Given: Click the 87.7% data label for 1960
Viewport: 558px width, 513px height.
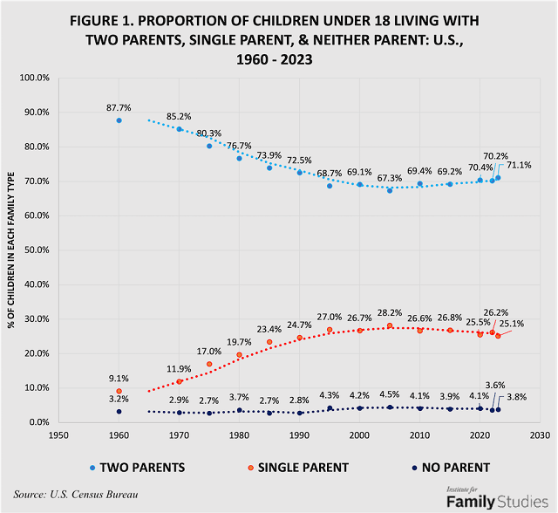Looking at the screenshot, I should pos(118,107).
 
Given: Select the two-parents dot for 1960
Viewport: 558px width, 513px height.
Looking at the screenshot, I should pos(119,120).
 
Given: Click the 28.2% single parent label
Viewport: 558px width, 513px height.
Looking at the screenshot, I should pos(389,312).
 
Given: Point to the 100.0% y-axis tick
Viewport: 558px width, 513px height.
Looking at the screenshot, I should pos(34,78).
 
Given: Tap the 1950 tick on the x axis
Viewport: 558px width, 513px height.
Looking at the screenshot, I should pos(58,434).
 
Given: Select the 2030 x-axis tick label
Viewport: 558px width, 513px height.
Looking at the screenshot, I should pos(539,434).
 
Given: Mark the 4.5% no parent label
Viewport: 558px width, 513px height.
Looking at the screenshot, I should pos(389,393).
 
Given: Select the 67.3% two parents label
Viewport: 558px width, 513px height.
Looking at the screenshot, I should pos(389,178).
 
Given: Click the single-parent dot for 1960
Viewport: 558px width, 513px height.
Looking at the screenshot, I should pos(119,391).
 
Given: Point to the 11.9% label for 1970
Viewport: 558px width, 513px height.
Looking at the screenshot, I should pos(179,369).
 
